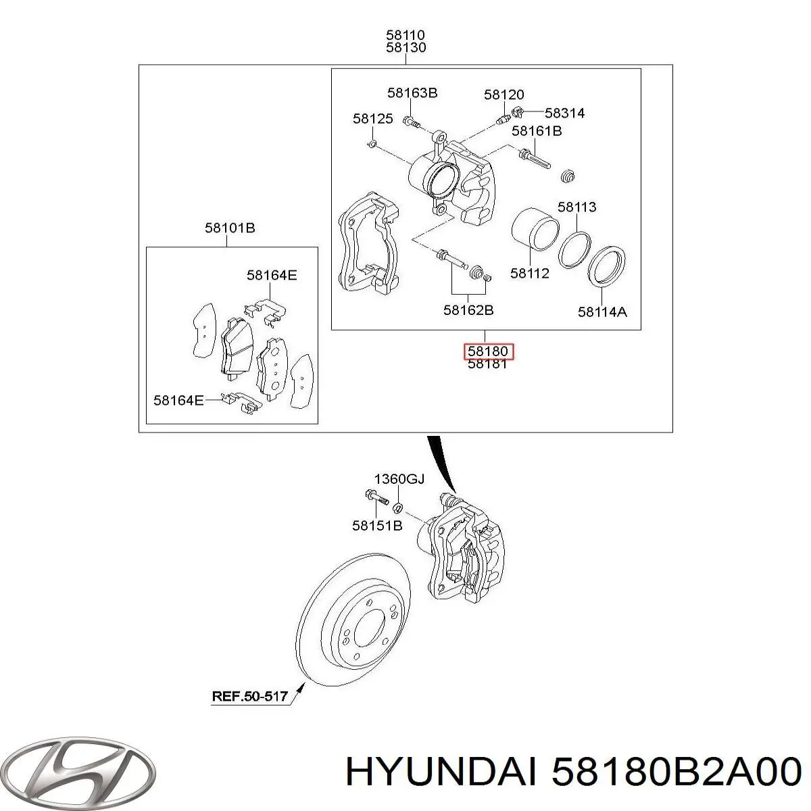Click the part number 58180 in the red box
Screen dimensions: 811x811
488,351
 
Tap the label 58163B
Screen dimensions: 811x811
412,93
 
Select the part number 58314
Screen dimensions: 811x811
565,113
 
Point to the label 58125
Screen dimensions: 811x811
373,119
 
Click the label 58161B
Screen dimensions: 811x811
537,131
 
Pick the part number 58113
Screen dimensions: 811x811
577,207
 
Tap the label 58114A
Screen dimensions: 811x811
602,312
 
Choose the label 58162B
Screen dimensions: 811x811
468,310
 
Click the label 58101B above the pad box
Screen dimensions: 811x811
230,228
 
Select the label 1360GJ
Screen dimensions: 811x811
399,479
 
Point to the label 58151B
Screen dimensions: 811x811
377,526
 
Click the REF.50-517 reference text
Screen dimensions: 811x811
249,696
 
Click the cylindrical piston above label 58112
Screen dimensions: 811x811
535,229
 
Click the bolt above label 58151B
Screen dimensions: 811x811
376,497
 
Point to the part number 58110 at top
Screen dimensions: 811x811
405,34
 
